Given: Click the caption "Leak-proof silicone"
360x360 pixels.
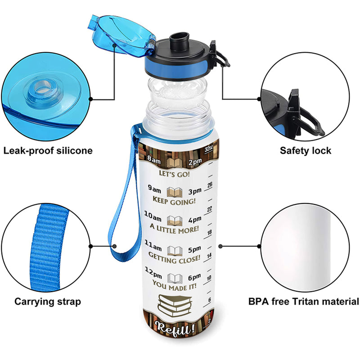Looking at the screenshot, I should pyautogui.click(x=48, y=150).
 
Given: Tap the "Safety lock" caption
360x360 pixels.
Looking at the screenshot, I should pyautogui.click(x=306, y=150).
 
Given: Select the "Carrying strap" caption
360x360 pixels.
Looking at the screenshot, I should pyautogui.click(x=48, y=301).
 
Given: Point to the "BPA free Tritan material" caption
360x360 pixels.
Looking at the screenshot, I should pyautogui.click(x=304, y=301).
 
